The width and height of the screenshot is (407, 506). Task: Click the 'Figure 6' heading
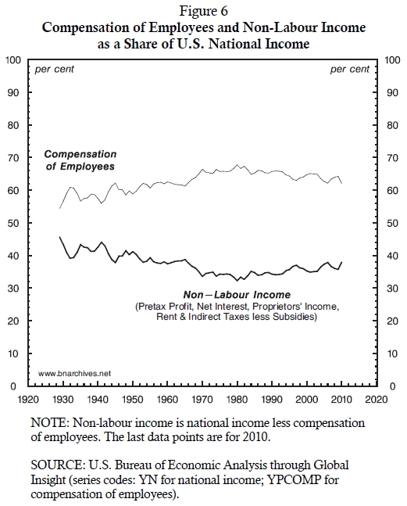coord(204,11)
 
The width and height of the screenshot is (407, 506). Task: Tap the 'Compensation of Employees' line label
coord(80,160)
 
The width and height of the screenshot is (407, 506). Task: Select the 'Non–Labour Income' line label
coord(237,295)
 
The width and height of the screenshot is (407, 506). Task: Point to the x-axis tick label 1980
coord(237,400)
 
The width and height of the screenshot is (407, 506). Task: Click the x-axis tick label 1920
coord(28,400)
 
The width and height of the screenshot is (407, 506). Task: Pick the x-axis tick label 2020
coord(377,400)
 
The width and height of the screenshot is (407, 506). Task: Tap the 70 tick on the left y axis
coord(14,158)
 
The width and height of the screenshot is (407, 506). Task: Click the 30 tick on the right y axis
coord(392,289)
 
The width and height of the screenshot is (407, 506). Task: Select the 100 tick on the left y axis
coord(13,60)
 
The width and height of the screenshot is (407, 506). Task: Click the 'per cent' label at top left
coord(54,70)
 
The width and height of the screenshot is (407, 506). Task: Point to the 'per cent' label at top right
coord(350,70)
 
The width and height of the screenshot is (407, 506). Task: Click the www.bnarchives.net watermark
coord(74,373)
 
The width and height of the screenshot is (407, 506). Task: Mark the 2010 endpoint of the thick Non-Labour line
coord(341,262)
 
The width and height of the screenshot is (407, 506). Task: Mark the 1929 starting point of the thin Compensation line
coord(59,209)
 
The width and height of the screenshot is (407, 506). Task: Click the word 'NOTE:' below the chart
coord(50,423)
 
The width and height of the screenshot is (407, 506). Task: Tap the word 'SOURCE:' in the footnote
coord(57,465)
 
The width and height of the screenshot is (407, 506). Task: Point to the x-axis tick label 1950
coord(133,400)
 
